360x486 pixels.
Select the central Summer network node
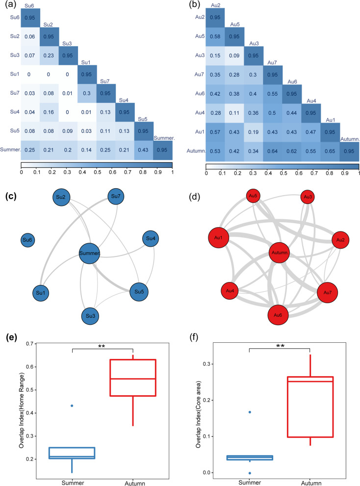[89, 253]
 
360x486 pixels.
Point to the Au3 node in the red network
[308, 197]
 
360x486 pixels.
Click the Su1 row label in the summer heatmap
[13, 74]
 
